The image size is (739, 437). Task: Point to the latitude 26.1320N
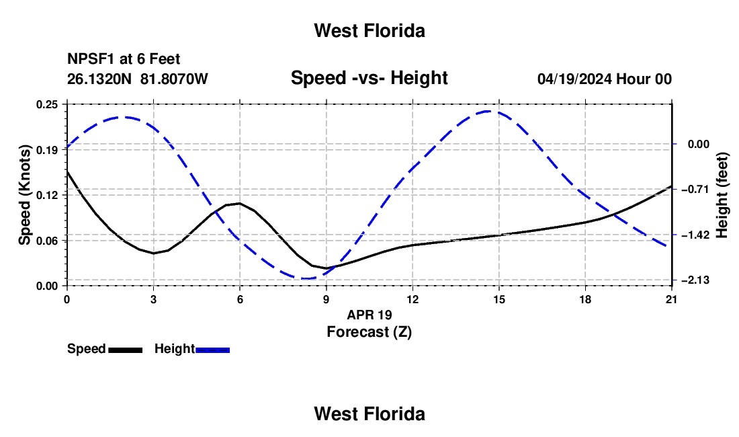pos(99,79)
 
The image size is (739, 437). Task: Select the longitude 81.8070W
pos(174,79)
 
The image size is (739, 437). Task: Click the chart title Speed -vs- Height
pos(369,77)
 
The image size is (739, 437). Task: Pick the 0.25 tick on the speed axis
pos(46,104)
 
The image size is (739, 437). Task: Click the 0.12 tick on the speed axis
pos(46,195)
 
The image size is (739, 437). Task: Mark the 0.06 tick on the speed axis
pos(46,241)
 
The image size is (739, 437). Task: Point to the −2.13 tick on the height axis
pos(695,280)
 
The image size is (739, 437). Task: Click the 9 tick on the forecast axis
pos(326,299)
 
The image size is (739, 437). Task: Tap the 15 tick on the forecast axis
pos(499,299)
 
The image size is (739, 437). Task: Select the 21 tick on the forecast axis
pos(672,299)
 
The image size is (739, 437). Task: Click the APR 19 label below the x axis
pos(369,315)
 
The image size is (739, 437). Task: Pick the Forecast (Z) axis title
pos(369,332)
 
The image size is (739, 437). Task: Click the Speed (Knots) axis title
pos(24,195)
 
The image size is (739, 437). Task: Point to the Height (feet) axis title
pos(722,195)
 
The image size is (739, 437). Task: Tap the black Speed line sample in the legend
pos(126,350)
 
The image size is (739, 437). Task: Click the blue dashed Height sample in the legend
pos(212,350)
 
